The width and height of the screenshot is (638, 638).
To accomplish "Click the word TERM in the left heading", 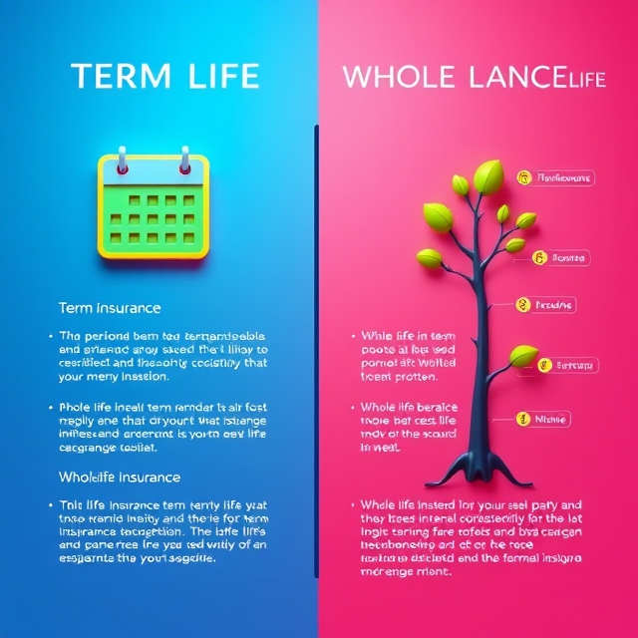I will click(x=113, y=77).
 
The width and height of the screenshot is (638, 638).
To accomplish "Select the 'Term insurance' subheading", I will click(x=110, y=308).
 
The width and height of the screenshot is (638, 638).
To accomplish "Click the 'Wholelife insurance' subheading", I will click(x=120, y=478).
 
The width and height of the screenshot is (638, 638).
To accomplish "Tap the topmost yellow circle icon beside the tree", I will click(x=521, y=177).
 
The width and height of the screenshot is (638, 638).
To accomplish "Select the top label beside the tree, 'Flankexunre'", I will click(x=564, y=177).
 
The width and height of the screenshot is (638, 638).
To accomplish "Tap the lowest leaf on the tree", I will click(x=522, y=356).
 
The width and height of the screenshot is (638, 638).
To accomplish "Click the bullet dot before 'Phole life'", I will click(x=50, y=408).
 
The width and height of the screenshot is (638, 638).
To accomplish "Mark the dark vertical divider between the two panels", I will click(x=317, y=349).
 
